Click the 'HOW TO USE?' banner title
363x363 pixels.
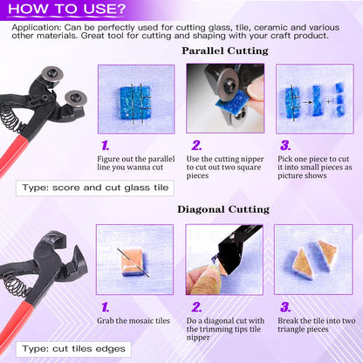tap(66, 9)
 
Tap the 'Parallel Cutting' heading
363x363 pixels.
tap(225, 51)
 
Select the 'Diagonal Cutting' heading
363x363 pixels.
tap(223, 209)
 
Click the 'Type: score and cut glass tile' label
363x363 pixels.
tap(95, 188)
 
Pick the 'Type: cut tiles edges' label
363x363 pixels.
tap(74, 349)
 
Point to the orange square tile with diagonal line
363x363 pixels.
tap(132, 262)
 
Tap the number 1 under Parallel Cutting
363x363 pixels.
tap(106, 146)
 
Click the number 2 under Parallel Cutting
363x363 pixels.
tap(196, 146)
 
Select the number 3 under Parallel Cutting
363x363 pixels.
tap(285, 146)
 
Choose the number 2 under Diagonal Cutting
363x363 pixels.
tap(196, 307)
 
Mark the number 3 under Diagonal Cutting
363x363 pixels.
tap(285, 307)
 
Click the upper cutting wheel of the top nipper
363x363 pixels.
tap(52, 74)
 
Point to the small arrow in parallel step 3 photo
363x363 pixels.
tap(307, 102)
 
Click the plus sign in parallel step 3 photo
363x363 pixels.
tap(329, 101)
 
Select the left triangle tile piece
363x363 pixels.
tap(303, 264)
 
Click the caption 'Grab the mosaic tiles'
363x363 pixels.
tap(134, 321)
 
